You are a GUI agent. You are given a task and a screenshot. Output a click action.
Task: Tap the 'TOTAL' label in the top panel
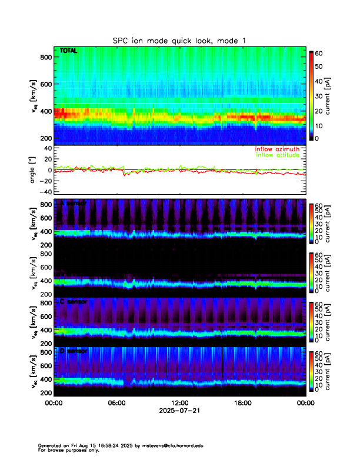pyautogui.click(x=68, y=52)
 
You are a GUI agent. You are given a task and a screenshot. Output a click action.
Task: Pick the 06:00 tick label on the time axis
pyautogui.click(x=116, y=403)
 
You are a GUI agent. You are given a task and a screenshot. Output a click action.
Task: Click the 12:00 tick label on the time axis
pyautogui.click(x=179, y=403)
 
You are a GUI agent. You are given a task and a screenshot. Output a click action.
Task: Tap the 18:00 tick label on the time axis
pyautogui.click(x=242, y=403)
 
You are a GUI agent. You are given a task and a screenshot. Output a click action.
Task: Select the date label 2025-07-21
pyautogui.click(x=179, y=411)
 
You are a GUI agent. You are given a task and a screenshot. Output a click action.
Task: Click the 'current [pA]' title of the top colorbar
pyautogui.click(x=335, y=95)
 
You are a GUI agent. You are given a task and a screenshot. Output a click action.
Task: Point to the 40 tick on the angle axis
pyautogui.click(x=45, y=148)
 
